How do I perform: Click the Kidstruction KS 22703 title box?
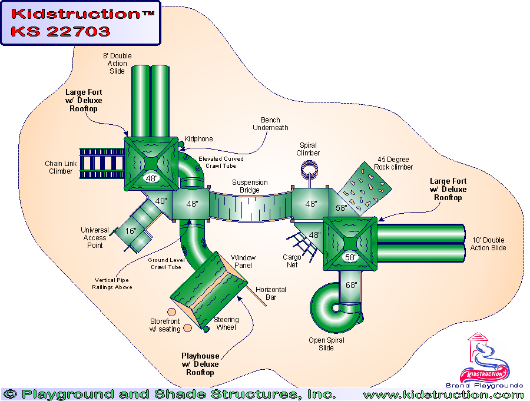point(80,23)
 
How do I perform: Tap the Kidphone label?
point(198,139)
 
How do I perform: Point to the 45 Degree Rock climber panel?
point(365,187)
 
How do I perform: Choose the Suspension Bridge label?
point(250,186)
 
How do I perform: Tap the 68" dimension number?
point(351,285)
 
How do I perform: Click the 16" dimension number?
point(131,231)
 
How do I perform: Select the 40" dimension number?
point(161,201)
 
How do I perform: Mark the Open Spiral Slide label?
point(326,344)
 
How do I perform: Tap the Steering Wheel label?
point(226,323)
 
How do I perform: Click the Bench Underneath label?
point(270,124)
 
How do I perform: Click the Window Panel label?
point(243,261)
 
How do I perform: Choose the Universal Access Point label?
point(95,237)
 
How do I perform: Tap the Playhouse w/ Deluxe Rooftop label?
point(200,364)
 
